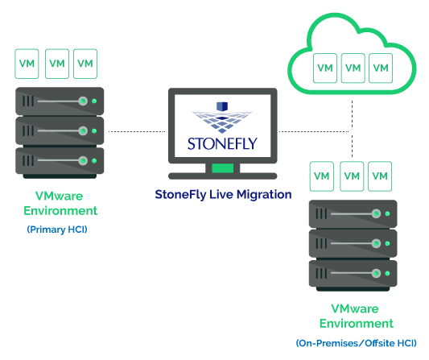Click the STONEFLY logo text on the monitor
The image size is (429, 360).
222,143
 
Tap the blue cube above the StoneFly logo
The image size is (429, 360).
222,106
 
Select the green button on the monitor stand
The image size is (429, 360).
223,168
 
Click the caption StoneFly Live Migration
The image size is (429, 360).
223,195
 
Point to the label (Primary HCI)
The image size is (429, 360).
57,230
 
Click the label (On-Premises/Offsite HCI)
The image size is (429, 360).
357,343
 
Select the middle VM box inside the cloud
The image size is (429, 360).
353,68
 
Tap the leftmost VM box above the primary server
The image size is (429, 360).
27,64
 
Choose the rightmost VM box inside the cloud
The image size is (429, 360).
381,68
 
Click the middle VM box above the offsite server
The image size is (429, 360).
352,176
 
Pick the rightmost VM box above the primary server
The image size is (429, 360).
85,64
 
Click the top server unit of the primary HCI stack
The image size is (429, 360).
60,101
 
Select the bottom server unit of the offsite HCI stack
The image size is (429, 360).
353,273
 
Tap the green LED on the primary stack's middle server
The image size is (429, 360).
94,130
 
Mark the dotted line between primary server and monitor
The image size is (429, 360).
137,132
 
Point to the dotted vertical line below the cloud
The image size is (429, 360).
352,129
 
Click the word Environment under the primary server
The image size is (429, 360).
60,211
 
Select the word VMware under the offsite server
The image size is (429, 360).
355,308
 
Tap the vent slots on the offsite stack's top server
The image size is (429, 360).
321,213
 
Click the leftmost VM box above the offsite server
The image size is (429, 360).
322,176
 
